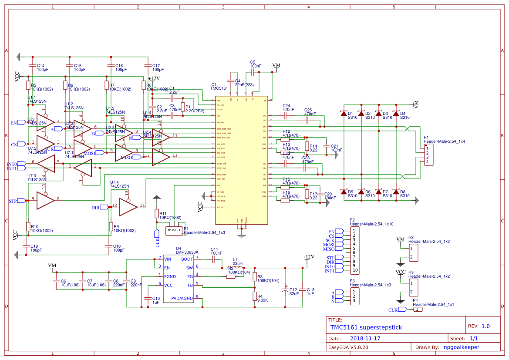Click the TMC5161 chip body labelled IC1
tap(239, 159)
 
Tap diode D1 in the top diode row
tap(344, 114)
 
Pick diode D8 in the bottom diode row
tap(396, 192)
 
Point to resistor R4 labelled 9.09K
tap(255, 296)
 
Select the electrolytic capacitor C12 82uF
tap(286, 289)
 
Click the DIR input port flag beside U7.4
tap(103, 208)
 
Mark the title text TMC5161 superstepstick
tap(366, 327)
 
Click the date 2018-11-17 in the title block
tap(365, 338)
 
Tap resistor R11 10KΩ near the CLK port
tap(157, 213)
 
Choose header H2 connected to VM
tap(413, 253)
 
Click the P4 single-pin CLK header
tap(417, 310)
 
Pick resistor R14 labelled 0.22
tap(307, 146)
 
